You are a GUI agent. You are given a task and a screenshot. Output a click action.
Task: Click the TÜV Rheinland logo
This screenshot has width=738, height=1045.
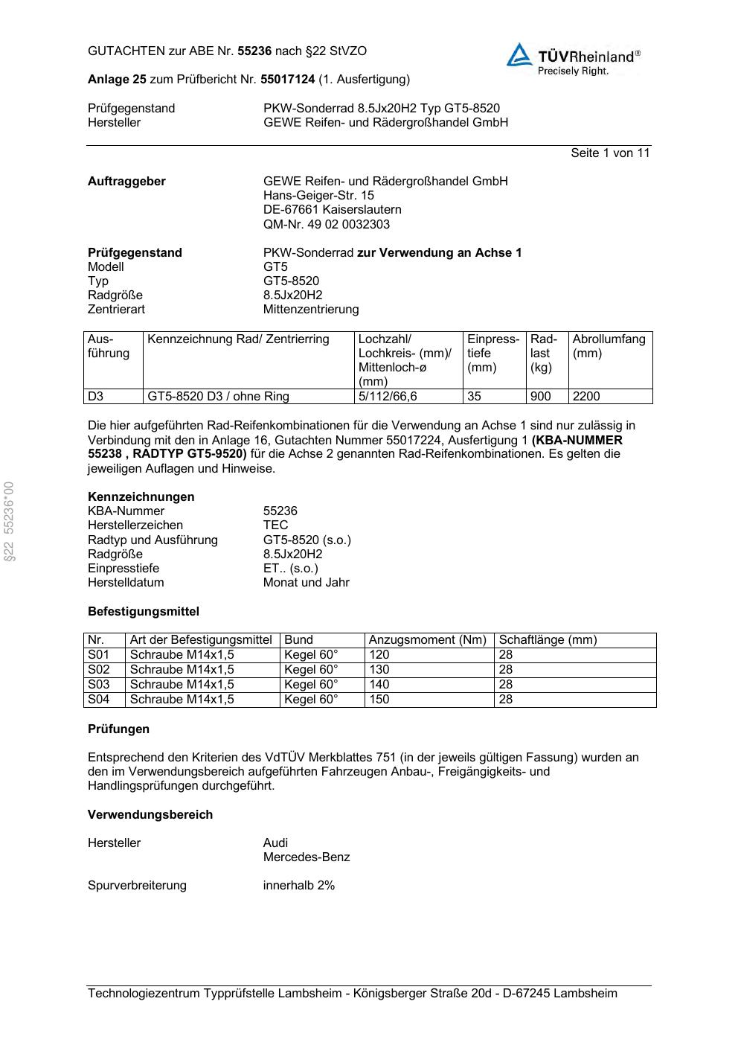pyautogui.click(x=573, y=59)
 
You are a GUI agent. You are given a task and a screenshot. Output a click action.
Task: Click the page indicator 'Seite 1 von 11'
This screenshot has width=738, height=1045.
pyautogui.click(x=610, y=153)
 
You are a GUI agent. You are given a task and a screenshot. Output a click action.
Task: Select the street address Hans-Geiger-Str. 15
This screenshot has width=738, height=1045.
pyautogui.click(x=318, y=196)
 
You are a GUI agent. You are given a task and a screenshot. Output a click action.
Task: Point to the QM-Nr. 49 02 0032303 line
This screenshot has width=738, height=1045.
pyautogui.click(x=326, y=224)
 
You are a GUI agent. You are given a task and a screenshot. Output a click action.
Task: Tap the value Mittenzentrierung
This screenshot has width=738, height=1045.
pyautogui.click(x=310, y=310)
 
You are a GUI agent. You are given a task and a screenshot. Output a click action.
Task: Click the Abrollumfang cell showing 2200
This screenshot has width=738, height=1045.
pyautogui.click(x=586, y=397)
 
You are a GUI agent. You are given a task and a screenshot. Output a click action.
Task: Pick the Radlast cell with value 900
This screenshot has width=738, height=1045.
pyautogui.click(x=540, y=397)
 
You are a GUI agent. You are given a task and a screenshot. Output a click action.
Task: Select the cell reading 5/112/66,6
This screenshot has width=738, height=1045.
pyautogui.click(x=388, y=397)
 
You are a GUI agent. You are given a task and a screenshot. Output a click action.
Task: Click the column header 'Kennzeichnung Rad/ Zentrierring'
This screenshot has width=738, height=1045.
pyautogui.click(x=238, y=339)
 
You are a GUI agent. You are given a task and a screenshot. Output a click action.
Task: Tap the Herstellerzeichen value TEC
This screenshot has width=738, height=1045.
pyautogui.click(x=275, y=525)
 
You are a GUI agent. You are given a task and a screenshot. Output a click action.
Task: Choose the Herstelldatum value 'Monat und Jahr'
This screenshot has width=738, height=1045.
pyautogui.click(x=306, y=583)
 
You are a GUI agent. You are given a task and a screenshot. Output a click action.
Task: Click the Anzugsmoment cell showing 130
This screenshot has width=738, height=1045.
pyautogui.click(x=379, y=670)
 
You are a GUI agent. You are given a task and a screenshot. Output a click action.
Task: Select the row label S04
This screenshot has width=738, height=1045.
pyautogui.click(x=99, y=700)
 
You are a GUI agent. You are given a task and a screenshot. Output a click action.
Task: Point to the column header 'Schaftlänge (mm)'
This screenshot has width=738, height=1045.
pyautogui.click(x=548, y=640)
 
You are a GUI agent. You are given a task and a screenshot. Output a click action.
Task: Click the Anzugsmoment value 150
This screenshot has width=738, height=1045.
pyautogui.click(x=379, y=700)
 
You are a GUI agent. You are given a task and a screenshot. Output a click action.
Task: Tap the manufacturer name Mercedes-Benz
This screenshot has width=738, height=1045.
pyautogui.click(x=306, y=857)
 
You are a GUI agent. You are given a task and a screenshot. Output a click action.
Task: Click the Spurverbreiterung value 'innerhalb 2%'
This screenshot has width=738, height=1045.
pyautogui.click(x=298, y=886)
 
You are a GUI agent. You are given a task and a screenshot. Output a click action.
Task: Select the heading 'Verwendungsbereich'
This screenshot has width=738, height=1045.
pyautogui.click(x=150, y=815)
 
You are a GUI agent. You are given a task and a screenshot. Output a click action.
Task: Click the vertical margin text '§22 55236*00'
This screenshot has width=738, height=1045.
pyautogui.click(x=10, y=521)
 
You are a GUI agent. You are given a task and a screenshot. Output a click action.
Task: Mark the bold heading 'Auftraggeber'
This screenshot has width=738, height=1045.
pyautogui.click(x=126, y=182)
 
